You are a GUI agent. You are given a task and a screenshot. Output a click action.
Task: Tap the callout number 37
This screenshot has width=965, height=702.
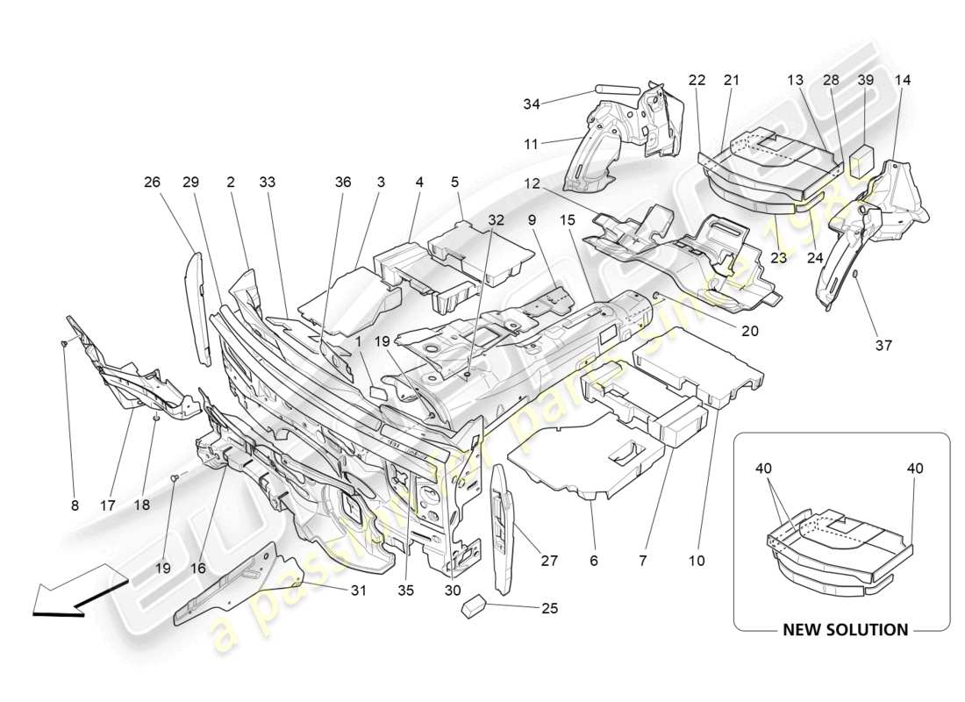(883, 345)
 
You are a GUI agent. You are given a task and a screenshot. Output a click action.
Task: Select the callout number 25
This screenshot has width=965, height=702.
(548, 607)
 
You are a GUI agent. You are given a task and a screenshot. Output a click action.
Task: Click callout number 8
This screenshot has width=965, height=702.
(75, 505)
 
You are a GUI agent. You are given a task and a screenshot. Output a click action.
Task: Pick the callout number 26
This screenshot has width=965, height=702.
(153, 183)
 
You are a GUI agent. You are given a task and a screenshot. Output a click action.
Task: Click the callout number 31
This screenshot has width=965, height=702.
(358, 591)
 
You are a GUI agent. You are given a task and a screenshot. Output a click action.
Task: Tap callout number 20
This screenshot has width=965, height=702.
(749, 332)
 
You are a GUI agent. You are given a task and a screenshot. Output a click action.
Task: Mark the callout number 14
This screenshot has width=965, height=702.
(903, 80)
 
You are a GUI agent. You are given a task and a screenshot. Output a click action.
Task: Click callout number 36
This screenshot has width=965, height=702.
(343, 183)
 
